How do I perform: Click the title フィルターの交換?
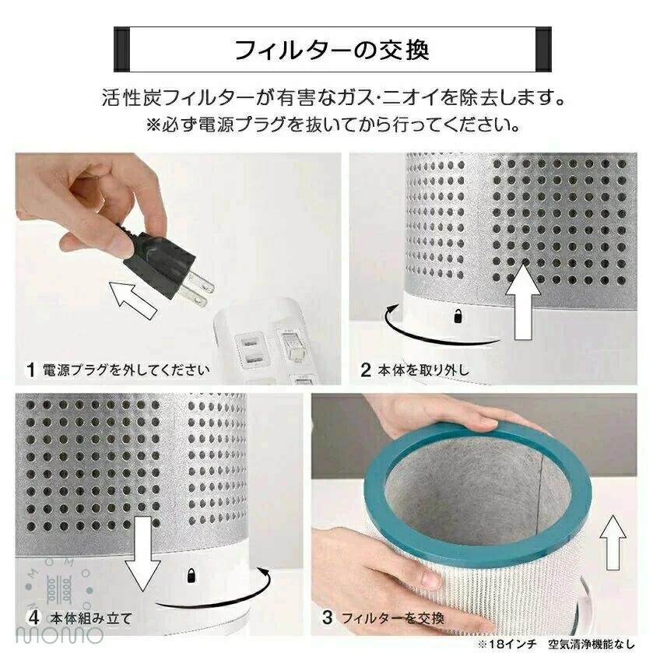(332, 50)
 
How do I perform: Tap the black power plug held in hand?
(167, 266)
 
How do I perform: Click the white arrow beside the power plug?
(133, 300)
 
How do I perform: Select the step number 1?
(30, 370)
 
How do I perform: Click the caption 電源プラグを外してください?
(126, 370)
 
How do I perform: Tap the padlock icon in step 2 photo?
(458, 316)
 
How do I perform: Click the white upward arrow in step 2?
(524, 302)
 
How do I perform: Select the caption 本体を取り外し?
(423, 370)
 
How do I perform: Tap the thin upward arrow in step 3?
(613, 542)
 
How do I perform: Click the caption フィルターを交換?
(393, 619)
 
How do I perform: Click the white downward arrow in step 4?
(143, 553)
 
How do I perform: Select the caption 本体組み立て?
(91, 619)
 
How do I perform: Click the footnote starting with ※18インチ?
(556, 644)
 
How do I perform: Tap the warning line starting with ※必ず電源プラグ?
(333, 125)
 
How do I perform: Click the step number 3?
(328, 618)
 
